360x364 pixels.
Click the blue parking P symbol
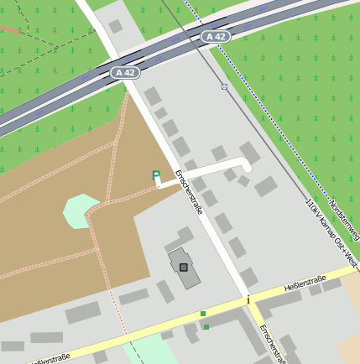coord(156,174)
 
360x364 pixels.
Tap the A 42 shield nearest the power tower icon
coord(216,37)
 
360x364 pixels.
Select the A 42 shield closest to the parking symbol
coord(125,73)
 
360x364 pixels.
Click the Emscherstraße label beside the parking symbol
coord(189,192)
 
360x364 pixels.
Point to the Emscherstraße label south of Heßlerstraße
coord(273,344)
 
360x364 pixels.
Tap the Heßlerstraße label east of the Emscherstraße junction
coord(305,280)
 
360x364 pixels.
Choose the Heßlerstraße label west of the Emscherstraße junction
coord(49,359)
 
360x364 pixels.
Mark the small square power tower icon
coord(224,86)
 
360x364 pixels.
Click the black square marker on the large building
coord(184,267)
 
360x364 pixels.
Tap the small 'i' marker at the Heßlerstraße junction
coord(248,299)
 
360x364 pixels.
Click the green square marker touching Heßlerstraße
coord(203,314)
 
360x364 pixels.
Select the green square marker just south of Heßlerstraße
coord(206,327)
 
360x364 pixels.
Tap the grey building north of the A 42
coord(116,26)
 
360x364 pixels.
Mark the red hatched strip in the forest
coord(10,29)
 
